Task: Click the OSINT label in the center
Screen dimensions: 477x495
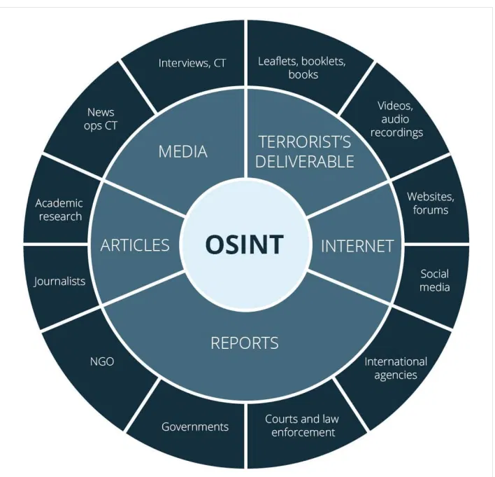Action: point(244,244)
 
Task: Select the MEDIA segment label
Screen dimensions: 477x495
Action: point(182,151)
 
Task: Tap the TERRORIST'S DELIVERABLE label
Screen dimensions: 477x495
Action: point(304,151)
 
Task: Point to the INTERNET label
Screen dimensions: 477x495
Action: point(357,246)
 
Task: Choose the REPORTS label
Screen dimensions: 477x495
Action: point(245,343)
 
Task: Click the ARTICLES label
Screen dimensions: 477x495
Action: point(135,244)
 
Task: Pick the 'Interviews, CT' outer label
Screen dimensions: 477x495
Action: point(192,63)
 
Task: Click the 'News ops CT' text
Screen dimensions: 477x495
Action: point(101,118)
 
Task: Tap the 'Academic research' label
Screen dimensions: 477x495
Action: point(59,209)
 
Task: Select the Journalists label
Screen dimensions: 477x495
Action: point(59,281)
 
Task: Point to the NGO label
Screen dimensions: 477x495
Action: point(102,361)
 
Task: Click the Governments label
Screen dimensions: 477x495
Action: point(195,427)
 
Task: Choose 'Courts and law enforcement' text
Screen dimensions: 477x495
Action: point(302,425)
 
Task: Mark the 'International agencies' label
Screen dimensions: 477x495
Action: point(396,368)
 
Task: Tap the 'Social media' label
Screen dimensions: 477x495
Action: point(434,280)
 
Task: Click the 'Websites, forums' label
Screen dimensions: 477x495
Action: point(431,203)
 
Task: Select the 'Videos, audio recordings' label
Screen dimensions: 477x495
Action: point(396,119)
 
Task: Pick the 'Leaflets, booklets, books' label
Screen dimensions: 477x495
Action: point(302,67)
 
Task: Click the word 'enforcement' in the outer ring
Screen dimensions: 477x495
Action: point(302,432)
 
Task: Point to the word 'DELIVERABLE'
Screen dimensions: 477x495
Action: point(304,162)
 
